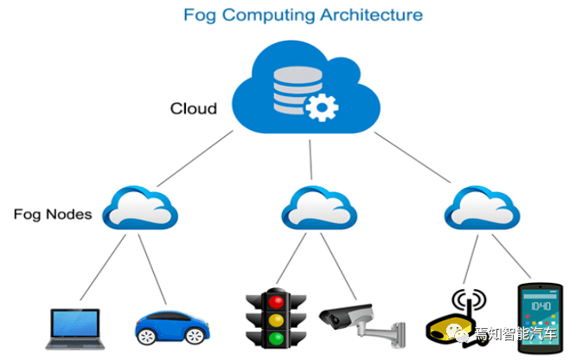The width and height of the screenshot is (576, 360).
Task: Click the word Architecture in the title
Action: tap(371, 15)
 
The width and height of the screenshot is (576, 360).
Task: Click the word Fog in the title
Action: tap(200, 16)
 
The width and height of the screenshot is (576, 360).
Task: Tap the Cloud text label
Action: tap(194, 108)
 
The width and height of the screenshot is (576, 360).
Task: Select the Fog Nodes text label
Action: tap(53, 215)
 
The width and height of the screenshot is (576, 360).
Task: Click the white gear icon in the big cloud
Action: tap(322, 107)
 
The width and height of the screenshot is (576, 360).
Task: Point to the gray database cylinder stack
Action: tap(297, 89)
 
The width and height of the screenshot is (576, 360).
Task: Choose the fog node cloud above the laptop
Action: tap(140, 208)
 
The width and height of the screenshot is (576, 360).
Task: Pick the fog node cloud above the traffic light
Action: tap(319, 208)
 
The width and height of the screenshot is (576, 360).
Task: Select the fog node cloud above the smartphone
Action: tap(482, 208)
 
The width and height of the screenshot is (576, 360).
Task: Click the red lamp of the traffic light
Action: tap(276, 301)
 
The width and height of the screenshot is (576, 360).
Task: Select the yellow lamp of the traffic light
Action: tap(276, 320)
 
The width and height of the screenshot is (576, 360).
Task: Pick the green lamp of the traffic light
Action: tap(276, 338)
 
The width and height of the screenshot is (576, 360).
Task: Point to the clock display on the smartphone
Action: tap(541, 305)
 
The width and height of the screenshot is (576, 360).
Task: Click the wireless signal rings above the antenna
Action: tap(469, 299)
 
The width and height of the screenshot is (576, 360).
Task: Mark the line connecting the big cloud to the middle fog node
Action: tap(310, 159)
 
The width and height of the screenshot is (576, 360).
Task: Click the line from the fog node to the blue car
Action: tap(152, 269)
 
